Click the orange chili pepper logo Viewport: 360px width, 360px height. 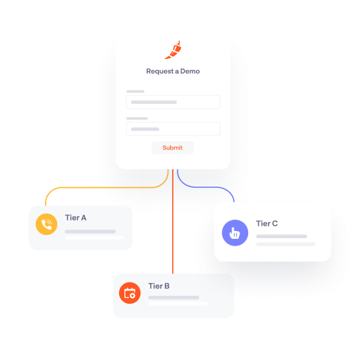click(x=173, y=50)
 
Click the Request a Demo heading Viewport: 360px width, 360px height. click(x=173, y=71)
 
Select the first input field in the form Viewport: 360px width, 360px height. click(x=173, y=102)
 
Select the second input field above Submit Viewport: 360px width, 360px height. click(x=173, y=129)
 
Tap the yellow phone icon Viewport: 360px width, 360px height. click(x=46, y=224)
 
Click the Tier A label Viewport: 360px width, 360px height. click(x=75, y=218)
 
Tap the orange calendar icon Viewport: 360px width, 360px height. click(x=130, y=293)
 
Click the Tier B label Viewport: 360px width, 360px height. click(x=159, y=286)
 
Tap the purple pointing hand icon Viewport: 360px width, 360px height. click(x=235, y=233)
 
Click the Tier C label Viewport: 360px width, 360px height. click(x=267, y=224)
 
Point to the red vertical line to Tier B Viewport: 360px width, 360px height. click(x=173, y=222)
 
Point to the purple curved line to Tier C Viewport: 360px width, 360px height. click(x=206, y=187)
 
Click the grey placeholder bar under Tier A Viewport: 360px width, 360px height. click(x=90, y=232)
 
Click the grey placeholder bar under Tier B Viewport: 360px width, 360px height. click(x=173, y=298)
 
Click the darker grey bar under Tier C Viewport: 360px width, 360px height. click(x=281, y=236)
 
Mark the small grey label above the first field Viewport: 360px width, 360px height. click(x=135, y=91)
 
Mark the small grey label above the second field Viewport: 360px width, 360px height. click(x=137, y=118)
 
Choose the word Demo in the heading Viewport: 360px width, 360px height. click(x=190, y=71)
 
